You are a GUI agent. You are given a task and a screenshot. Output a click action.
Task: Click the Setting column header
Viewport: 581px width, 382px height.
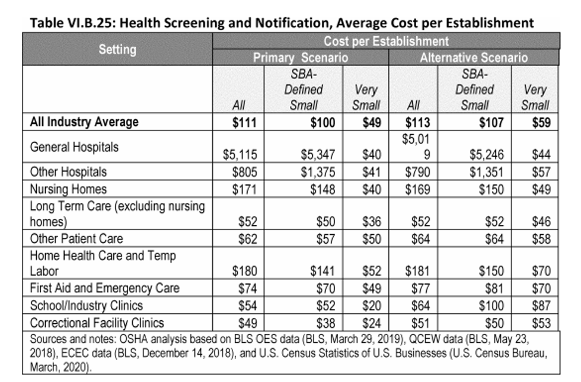[x=117, y=49]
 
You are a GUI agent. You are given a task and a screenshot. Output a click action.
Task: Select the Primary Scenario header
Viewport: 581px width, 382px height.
[x=301, y=58]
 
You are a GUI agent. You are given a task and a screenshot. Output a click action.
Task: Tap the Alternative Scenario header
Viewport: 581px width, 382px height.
[x=474, y=58]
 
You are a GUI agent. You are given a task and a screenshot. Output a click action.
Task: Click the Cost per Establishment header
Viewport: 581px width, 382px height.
[x=386, y=41]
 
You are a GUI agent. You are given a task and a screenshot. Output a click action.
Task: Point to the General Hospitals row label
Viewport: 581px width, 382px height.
[x=74, y=147]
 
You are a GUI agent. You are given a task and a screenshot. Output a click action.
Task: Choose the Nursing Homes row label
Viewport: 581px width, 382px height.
[x=68, y=189]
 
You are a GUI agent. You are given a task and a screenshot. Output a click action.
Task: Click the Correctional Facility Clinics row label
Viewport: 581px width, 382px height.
[x=97, y=323]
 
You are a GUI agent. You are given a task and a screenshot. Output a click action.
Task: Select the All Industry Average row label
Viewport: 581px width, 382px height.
[x=84, y=122]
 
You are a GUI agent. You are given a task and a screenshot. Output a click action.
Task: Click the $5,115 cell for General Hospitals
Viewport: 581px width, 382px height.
[x=240, y=154]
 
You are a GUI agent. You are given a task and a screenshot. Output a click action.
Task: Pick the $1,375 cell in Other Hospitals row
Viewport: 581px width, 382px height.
[x=318, y=172]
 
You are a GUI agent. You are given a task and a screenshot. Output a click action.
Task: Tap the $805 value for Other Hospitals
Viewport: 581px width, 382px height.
[x=244, y=172]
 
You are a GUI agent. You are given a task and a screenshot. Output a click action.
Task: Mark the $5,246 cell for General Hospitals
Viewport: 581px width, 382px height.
[x=487, y=154]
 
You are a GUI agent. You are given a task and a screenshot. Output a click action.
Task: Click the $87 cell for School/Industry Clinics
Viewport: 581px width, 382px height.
[x=541, y=305]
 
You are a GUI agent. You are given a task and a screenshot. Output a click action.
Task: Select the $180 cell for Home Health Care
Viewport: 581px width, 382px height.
[x=244, y=271]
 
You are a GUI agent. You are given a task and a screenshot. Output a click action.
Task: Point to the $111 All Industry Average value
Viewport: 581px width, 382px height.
[x=244, y=122]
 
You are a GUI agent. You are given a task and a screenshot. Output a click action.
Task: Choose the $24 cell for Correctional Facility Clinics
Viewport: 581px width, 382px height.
[x=372, y=323]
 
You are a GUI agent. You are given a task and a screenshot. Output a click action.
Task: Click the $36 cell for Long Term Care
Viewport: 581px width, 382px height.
[x=372, y=222]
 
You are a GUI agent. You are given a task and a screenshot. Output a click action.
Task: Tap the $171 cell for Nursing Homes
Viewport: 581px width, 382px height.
[x=244, y=189]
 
